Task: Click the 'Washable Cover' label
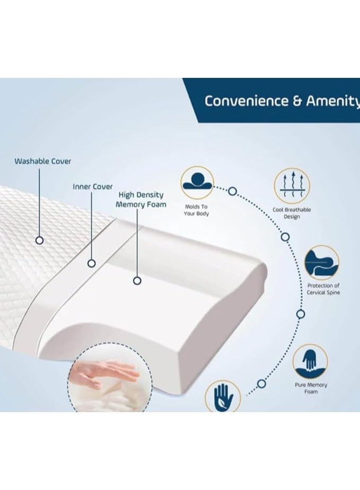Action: pos(42,161)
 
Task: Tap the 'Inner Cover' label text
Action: pos(92,187)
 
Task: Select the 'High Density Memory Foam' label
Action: pos(141,200)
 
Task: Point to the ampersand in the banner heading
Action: pos(298,101)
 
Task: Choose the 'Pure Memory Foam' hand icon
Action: pos(310,361)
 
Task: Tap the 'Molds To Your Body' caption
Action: pos(197,210)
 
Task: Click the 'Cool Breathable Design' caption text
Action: pos(292,213)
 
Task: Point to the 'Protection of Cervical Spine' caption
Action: pos(323,289)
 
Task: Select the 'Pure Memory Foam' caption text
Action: pos(311,388)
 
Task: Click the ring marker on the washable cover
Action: pos(39,240)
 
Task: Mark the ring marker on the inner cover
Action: pos(92,263)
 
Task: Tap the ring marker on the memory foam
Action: pos(137,281)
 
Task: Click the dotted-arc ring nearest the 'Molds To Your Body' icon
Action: pos(232,191)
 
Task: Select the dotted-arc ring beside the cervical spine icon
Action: pos(301,314)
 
